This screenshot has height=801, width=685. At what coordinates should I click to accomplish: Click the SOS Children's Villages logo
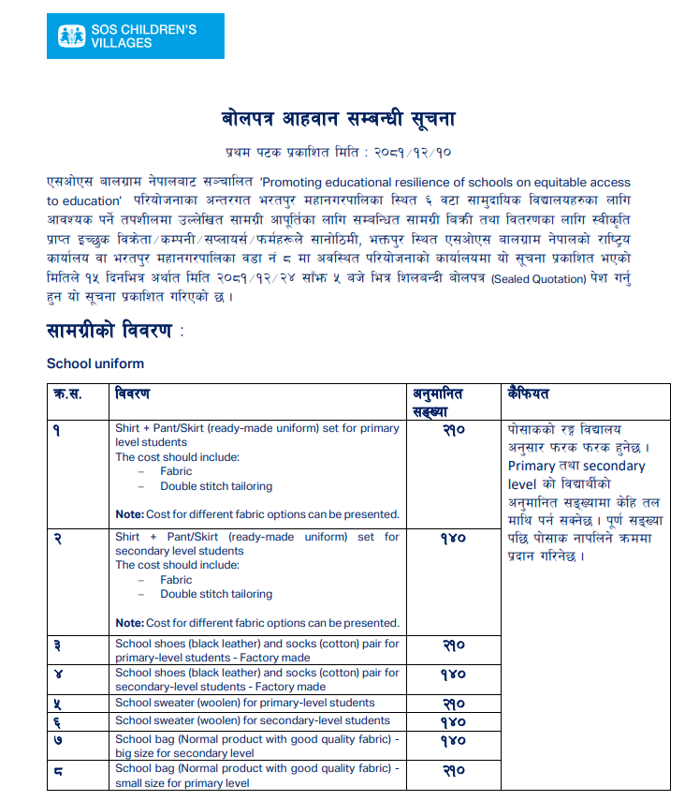(135, 37)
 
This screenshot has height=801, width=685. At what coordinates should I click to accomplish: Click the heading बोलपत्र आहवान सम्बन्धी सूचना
(339, 119)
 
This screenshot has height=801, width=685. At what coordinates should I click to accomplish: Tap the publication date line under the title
(339, 151)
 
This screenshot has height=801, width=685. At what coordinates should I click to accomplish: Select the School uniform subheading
(95, 363)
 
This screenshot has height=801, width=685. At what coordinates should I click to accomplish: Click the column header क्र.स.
(68, 393)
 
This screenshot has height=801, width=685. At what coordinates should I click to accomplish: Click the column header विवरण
(132, 393)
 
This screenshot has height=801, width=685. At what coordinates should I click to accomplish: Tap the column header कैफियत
(529, 393)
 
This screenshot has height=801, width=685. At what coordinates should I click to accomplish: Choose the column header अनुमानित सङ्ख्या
(438, 401)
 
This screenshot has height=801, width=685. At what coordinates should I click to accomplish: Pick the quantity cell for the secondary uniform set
(452, 539)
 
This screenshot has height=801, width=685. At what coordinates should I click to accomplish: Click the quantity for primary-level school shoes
(452, 645)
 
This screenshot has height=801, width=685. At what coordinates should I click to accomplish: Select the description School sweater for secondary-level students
(253, 720)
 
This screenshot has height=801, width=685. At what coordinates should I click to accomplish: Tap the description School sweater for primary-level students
(244, 703)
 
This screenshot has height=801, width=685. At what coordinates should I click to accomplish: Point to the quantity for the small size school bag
(452, 770)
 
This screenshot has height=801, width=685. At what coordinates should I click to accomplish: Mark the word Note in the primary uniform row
(128, 514)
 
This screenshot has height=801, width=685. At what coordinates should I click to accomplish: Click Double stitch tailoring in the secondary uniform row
(216, 594)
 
